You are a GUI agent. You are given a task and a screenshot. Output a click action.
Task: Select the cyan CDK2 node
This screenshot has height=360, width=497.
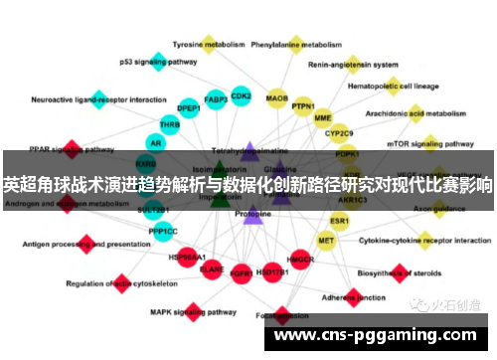point(241,95)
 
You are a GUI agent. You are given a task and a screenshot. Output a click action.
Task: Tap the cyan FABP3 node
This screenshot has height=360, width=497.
point(216,99)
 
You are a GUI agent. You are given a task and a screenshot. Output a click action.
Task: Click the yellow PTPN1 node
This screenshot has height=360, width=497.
point(303,104)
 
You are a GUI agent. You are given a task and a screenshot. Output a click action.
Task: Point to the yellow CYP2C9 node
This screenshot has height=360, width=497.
point(340,131)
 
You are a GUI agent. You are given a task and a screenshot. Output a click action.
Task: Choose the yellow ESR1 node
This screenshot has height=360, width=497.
point(340,220)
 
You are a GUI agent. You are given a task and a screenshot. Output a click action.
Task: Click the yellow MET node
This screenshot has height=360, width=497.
point(326,240)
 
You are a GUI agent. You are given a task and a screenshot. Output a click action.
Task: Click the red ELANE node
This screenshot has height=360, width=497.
point(212,268)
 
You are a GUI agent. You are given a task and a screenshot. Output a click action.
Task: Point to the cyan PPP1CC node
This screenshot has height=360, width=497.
point(163,231)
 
